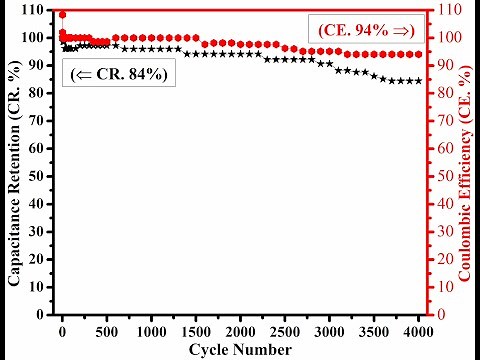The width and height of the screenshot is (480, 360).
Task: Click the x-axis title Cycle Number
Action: point(240,349)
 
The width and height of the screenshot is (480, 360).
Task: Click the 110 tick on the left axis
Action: point(36,10)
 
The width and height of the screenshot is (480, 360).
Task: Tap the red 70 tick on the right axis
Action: point(440,121)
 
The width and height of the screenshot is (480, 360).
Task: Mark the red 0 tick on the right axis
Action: point(437,314)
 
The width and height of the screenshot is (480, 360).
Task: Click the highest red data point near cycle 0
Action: point(62,15)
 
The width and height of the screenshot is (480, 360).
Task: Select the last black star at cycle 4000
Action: point(418,81)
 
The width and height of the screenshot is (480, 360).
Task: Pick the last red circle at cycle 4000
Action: point(418,54)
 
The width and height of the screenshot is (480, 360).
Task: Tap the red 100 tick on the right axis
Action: point(444,38)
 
